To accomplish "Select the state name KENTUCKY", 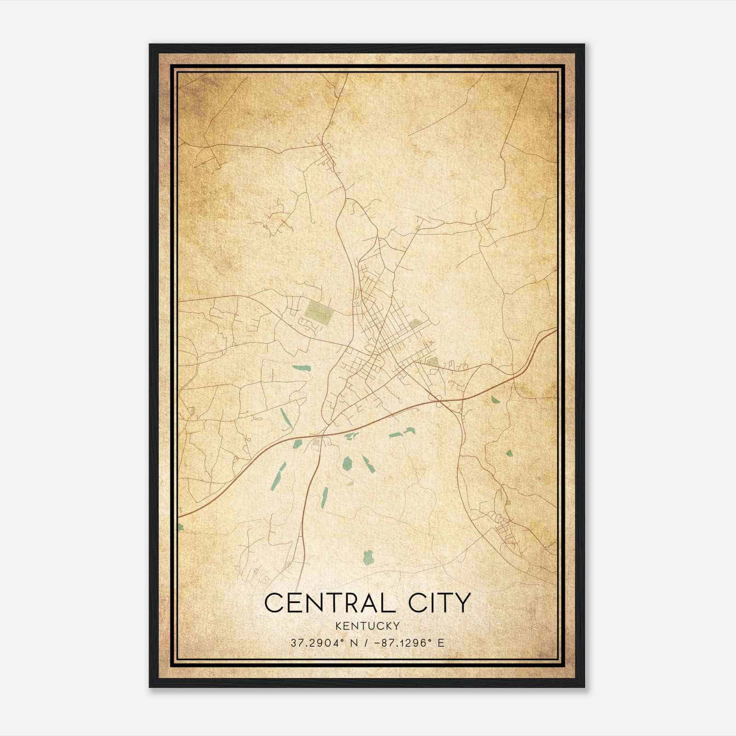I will (368, 626).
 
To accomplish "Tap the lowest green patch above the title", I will (368, 558).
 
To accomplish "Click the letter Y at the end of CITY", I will (463, 603).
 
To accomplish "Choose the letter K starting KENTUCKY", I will (339, 626).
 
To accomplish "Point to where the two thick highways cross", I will (324, 434).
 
